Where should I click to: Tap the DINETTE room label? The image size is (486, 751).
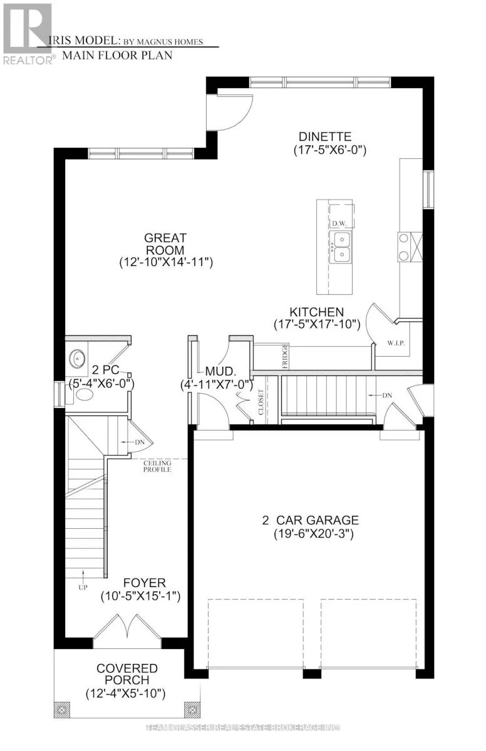tap(324, 136)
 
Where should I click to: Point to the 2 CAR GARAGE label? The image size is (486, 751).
tap(310, 520)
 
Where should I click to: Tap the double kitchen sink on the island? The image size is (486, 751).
tap(341, 246)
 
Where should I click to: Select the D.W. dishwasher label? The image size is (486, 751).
tap(339, 223)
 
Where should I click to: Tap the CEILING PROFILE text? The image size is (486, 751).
tap(156, 466)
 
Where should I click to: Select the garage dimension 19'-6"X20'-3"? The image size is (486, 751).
tap(310, 534)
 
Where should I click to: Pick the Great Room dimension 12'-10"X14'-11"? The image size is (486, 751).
tap(166, 263)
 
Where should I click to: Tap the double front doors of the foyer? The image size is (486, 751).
tap(128, 626)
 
